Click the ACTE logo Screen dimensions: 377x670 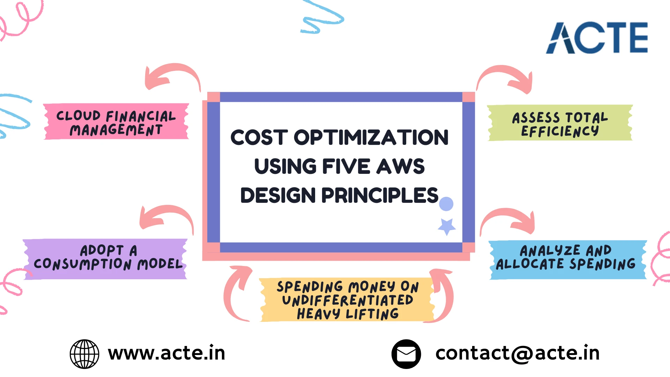[x=597, y=38]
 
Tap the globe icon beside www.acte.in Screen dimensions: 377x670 [x=84, y=354]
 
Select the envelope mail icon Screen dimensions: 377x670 [x=406, y=354]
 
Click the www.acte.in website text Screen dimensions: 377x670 [x=167, y=353]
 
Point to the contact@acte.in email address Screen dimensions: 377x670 [x=518, y=353]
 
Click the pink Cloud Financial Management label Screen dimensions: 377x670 [x=116, y=122]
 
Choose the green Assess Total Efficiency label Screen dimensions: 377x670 [x=560, y=123]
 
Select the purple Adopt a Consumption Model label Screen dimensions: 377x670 [x=105, y=259]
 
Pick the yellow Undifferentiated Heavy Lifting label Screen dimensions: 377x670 [x=347, y=300]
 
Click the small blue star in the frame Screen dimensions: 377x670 [x=447, y=227]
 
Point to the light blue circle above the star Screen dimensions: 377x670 [x=446, y=204]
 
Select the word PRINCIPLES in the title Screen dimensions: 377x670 [x=380, y=195]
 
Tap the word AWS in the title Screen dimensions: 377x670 [x=401, y=166]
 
